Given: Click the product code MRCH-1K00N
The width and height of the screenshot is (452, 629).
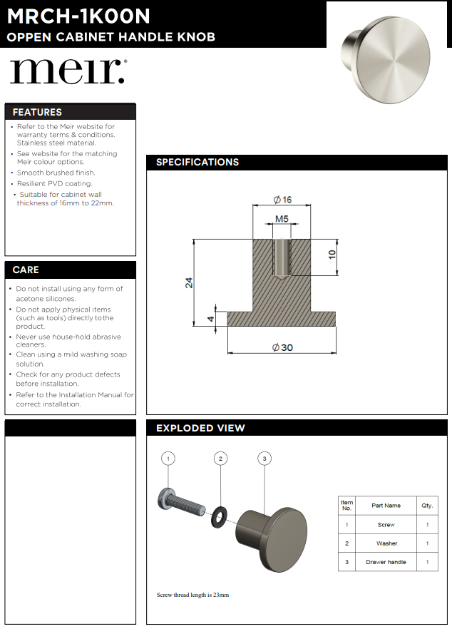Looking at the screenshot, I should (78, 15).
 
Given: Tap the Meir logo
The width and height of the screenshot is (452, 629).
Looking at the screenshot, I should (68, 71).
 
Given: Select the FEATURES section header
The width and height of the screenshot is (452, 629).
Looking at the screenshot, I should (37, 112).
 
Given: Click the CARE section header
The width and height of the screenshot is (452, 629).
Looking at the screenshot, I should (26, 270).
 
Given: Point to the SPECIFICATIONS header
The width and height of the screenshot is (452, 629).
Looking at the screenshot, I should (197, 163).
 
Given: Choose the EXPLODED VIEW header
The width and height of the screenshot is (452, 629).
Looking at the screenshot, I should (200, 428).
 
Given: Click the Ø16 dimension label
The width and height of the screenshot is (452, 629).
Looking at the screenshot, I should (282, 200).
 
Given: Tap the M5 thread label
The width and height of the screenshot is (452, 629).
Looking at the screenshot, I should (282, 219).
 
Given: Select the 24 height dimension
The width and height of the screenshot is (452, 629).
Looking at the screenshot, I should (189, 282).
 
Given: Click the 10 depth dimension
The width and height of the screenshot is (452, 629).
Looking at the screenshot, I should (332, 255).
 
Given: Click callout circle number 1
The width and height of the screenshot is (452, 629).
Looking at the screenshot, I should (168, 459).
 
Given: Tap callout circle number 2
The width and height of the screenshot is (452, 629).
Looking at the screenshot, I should (221, 459).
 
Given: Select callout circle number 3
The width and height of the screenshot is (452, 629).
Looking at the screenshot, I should (264, 459).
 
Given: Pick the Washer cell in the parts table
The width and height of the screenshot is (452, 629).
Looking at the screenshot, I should (386, 543).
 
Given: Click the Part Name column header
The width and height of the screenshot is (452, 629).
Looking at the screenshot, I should (386, 506).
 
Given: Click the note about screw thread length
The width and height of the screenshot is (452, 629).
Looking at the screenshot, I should (192, 595).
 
